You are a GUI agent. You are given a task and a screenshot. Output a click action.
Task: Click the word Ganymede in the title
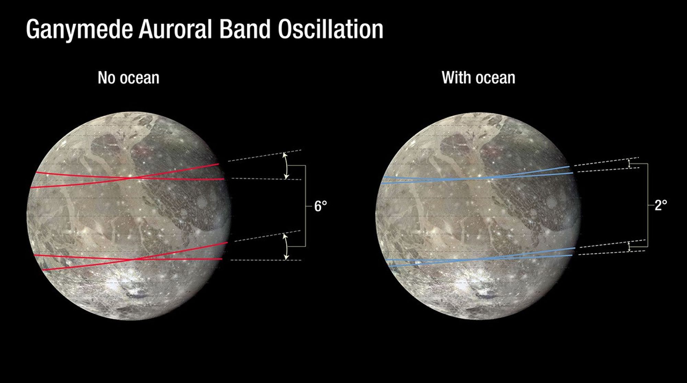click(x=79, y=30)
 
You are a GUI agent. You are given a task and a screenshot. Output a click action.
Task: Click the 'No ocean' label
click(x=128, y=78)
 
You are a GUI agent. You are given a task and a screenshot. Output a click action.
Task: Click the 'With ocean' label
click(x=478, y=78)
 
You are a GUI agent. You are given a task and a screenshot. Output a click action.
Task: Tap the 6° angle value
click(x=320, y=206)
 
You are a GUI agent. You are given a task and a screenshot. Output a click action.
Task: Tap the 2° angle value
click(x=661, y=205)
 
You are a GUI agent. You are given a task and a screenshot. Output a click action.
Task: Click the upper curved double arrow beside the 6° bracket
click(x=285, y=166)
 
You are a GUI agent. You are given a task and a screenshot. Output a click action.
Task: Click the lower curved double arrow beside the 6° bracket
click(x=285, y=247)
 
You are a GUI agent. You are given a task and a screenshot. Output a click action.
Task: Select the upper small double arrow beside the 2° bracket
click(x=629, y=163)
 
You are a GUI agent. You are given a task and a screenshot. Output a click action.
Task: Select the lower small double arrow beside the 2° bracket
click(x=629, y=247)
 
